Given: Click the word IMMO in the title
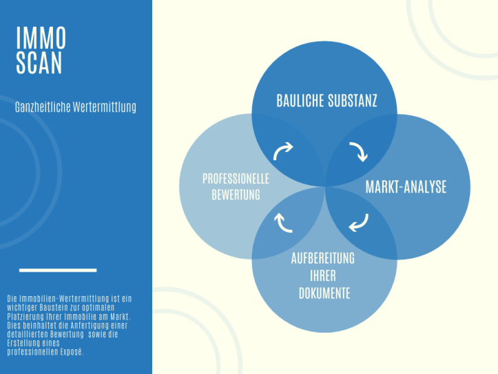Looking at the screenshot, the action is point(41,37).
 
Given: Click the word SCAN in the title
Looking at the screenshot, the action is point(39,63).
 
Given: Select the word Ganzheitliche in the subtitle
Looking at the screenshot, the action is point(43,107).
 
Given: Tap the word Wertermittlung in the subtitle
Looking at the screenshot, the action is point(105,107).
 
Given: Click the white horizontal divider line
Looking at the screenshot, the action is point(58,270).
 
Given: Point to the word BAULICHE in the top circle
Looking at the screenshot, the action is point(300,101).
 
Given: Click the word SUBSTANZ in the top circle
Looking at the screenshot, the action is point(352,101).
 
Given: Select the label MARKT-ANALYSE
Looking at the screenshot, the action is point(406,187).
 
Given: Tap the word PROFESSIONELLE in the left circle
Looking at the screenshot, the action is point(236,179).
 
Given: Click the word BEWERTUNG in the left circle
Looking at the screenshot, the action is point(236,195).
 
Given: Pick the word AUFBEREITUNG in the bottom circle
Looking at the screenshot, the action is point(322,259).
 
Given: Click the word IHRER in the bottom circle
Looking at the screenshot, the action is point(322,275).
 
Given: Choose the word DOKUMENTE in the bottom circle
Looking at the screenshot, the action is point(324,293).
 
